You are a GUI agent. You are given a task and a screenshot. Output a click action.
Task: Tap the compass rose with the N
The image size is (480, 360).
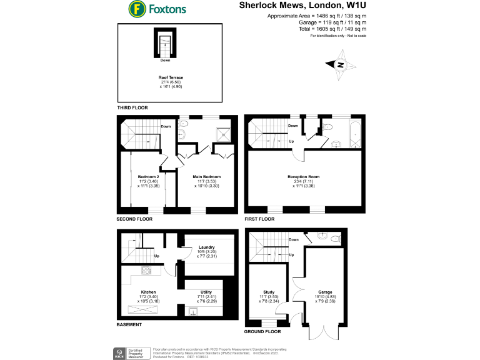click(340, 65)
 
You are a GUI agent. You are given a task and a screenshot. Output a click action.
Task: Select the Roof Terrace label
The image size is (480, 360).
click(170, 78)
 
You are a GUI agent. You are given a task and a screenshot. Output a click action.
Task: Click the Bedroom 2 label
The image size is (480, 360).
click(148, 177)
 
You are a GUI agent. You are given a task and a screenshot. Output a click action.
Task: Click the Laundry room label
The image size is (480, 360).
click(206, 247)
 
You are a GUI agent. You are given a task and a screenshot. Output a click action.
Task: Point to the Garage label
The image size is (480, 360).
click(325, 291)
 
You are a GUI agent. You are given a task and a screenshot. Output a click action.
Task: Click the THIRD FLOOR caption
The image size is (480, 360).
click(133, 107)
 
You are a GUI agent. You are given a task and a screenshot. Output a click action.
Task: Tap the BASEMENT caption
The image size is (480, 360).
click(129, 325)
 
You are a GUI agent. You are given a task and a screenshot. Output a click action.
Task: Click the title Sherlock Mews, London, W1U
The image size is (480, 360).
click(302, 5)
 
